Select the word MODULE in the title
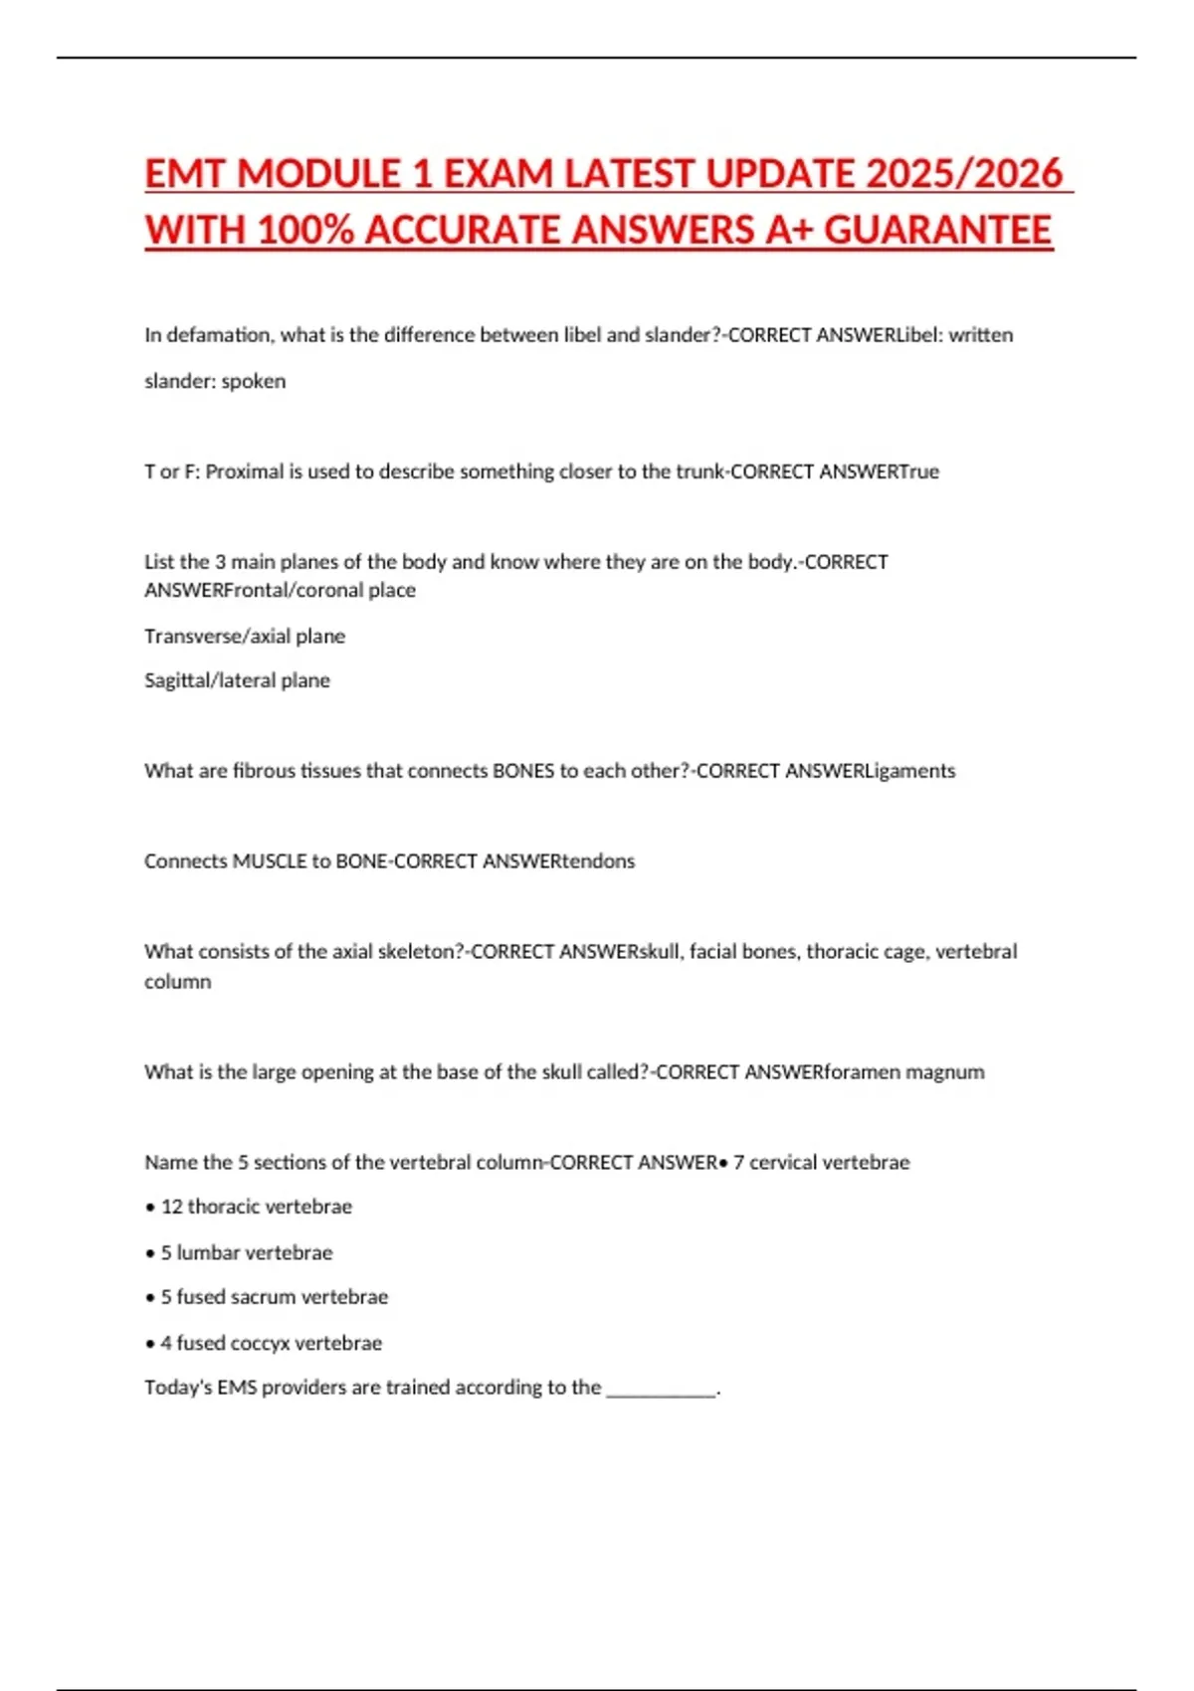coord(319,174)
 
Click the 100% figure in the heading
coord(305,231)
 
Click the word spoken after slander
coord(254,381)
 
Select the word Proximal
coord(245,471)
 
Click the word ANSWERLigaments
coord(870,771)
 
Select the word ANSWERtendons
coord(558,861)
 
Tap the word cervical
coord(787,1163)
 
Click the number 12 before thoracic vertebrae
coord(171,1207)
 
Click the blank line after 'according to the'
coord(661,1389)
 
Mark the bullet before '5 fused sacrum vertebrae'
coord(150,1298)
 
